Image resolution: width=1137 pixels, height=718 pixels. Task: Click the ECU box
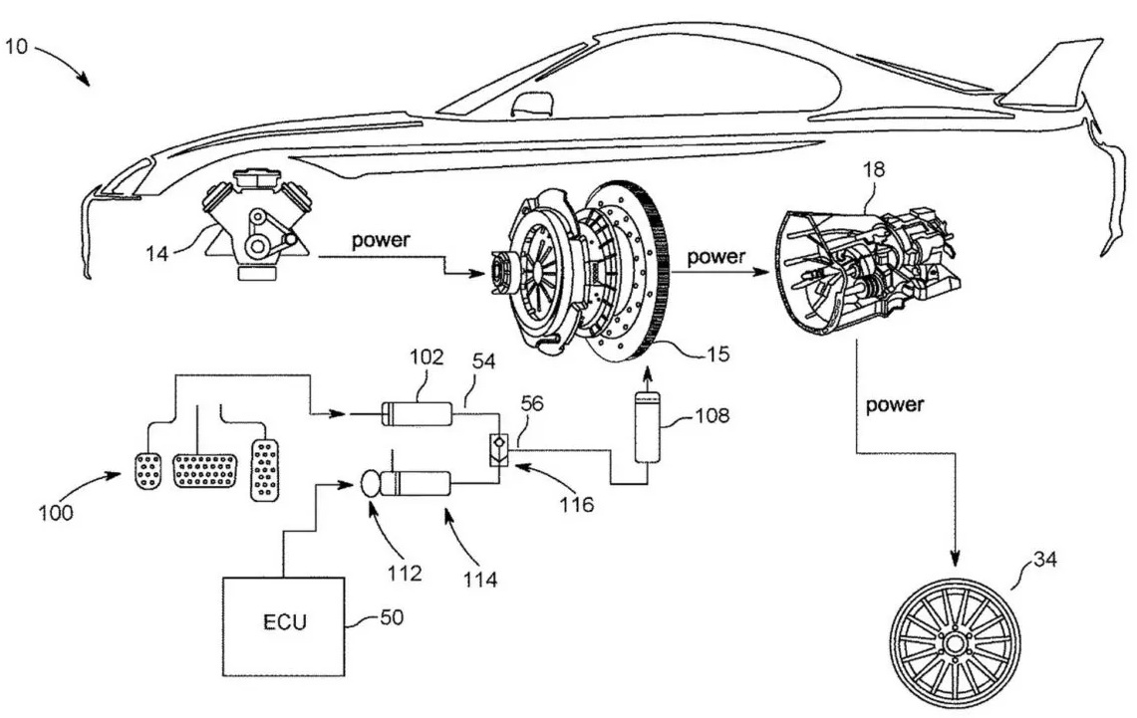pyautogui.click(x=284, y=624)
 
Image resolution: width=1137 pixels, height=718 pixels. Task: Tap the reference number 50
pyautogui.click(x=392, y=618)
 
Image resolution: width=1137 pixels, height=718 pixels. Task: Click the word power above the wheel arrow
pyautogui.click(x=894, y=405)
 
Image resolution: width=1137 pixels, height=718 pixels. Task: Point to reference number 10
pyautogui.click(x=23, y=47)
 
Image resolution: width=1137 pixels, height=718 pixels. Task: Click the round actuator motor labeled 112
pyautogui.click(x=372, y=485)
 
